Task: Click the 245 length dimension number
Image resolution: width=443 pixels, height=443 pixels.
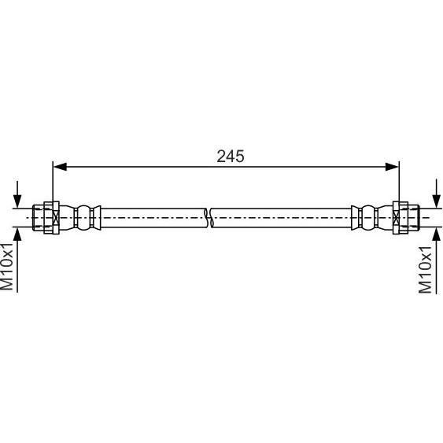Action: coord(231,156)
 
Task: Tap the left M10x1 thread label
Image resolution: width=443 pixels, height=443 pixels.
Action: coord(7,266)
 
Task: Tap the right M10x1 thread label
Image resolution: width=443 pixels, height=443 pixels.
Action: coord(425,270)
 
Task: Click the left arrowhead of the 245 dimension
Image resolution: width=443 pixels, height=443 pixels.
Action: coord(60,167)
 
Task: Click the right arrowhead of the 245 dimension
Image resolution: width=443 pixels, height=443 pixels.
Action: coord(392,167)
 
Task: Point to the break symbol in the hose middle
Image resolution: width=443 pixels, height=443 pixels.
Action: coord(209,218)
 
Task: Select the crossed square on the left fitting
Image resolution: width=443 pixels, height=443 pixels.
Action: coord(56,218)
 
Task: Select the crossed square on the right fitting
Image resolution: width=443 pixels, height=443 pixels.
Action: coord(397,218)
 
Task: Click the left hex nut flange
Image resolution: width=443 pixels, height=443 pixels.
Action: coord(51,218)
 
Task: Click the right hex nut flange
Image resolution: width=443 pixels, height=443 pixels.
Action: coord(401,218)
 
